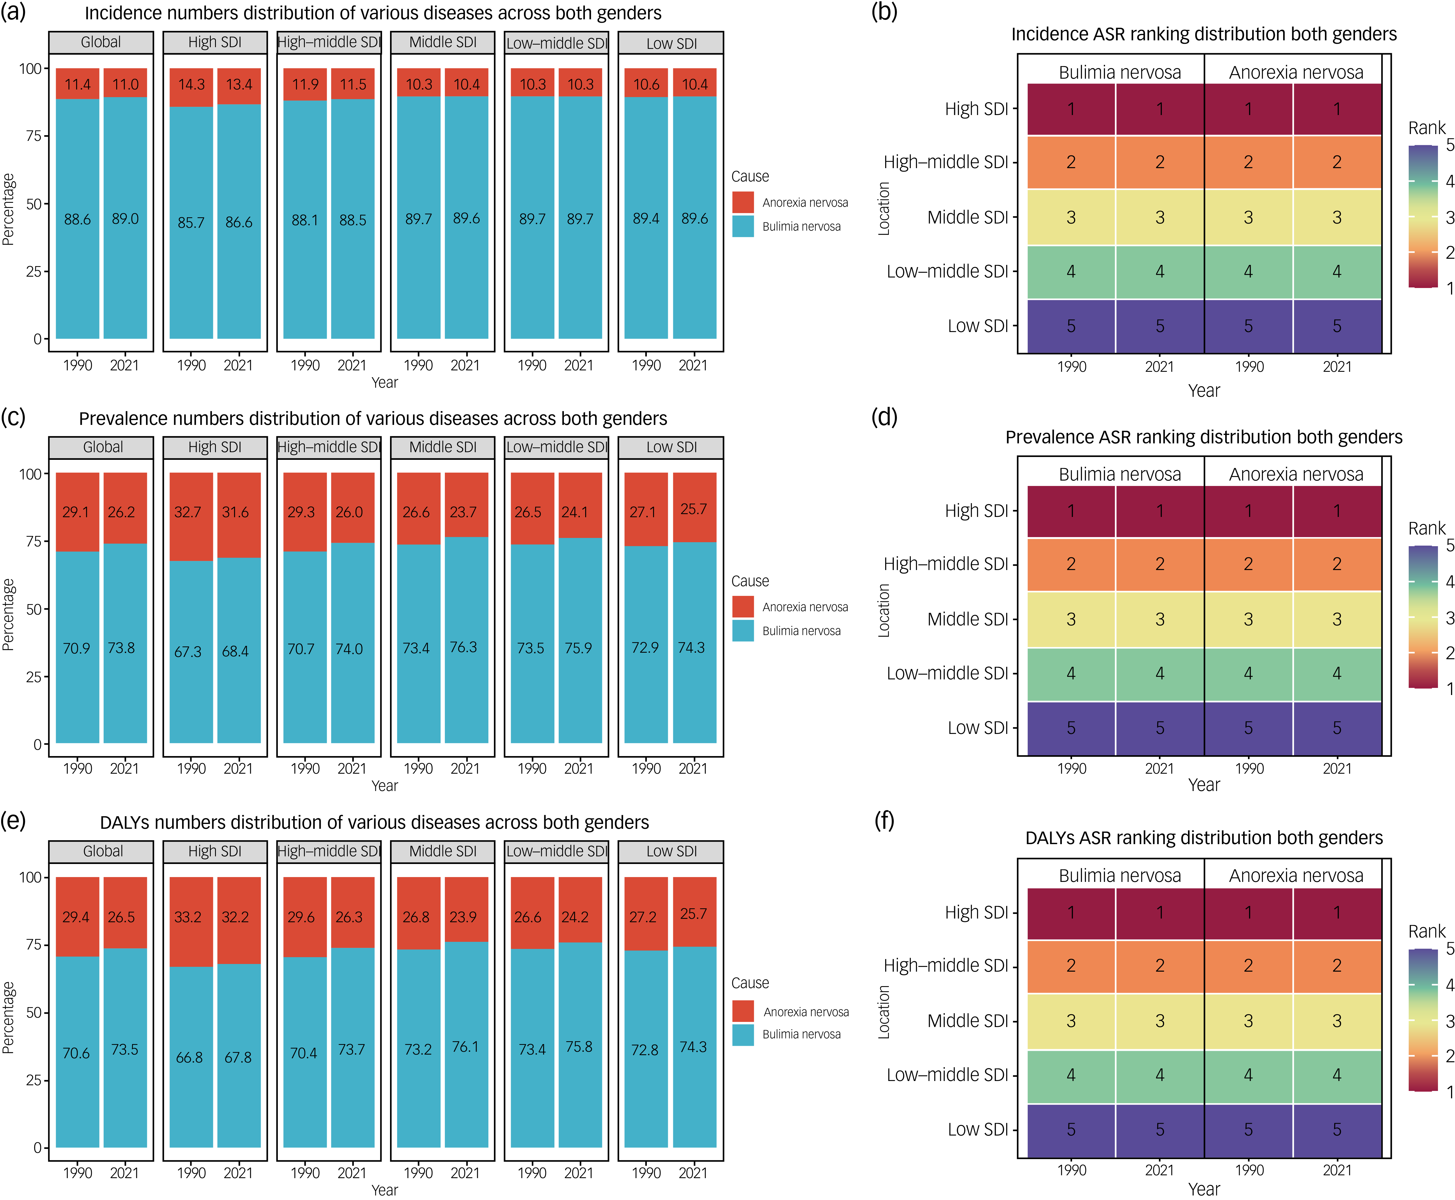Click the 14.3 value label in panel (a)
tap(191, 84)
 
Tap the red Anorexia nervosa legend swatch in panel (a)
tap(743, 203)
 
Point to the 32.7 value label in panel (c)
tap(188, 512)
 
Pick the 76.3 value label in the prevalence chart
tap(464, 647)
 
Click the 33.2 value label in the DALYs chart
tap(188, 917)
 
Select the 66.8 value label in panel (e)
tap(189, 1058)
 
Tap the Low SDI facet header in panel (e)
tap(671, 852)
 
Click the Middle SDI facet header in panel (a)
tap(443, 42)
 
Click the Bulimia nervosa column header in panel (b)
tap(1120, 73)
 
